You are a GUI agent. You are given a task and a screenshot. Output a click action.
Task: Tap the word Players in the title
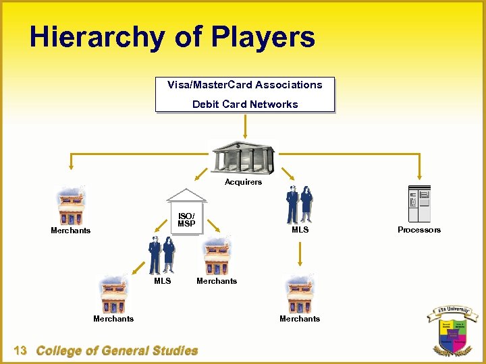(x=265, y=37)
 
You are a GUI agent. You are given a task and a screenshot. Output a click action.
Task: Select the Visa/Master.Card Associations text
(x=245, y=85)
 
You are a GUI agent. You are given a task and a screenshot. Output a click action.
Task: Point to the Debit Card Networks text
(x=245, y=104)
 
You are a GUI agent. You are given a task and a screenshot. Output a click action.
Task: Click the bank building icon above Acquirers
(x=243, y=157)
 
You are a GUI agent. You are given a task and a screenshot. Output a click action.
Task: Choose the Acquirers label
(x=243, y=182)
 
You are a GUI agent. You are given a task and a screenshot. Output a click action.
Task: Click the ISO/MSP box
(x=186, y=219)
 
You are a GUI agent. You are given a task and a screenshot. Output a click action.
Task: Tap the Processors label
(x=419, y=230)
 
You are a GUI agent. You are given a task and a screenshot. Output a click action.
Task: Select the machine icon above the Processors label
(x=419, y=204)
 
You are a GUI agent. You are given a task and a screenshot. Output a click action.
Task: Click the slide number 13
(x=20, y=351)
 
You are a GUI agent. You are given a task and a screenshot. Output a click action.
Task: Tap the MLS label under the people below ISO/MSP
(x=163, y=281)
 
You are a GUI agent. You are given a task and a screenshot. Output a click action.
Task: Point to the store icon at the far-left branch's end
(x=71, y=206)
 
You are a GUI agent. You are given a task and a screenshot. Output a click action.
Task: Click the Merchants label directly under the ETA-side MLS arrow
(x=300, y=319)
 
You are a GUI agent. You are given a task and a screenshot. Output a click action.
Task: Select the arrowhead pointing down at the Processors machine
(x=419, y=180)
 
